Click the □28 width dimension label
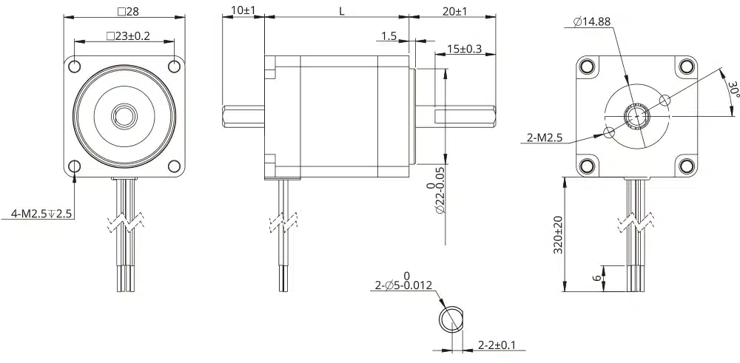click(128, 11)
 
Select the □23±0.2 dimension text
click(128, 35)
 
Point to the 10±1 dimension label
click(243, 10)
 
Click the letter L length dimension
click(342, 11)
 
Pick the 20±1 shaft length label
click(454, 11)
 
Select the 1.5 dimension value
click(389, 36)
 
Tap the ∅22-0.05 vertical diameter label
click(436, 198)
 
